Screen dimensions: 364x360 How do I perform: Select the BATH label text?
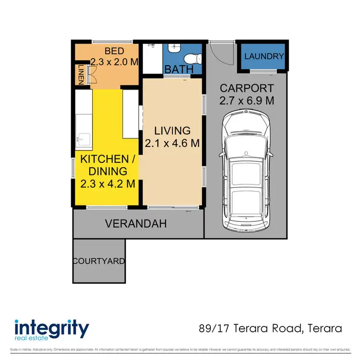[x=179, y=70]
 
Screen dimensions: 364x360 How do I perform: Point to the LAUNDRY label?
[x=264, y=56]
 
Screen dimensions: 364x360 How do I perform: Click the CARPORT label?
[x=247, y=88]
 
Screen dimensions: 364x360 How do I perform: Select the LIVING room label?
[x=172, y=130]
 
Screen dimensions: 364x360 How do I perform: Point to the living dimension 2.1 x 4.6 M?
[x=172, y=143]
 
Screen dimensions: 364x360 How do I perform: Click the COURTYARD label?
[x=99, y=261]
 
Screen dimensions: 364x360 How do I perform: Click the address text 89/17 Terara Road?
[x=250, y=329]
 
